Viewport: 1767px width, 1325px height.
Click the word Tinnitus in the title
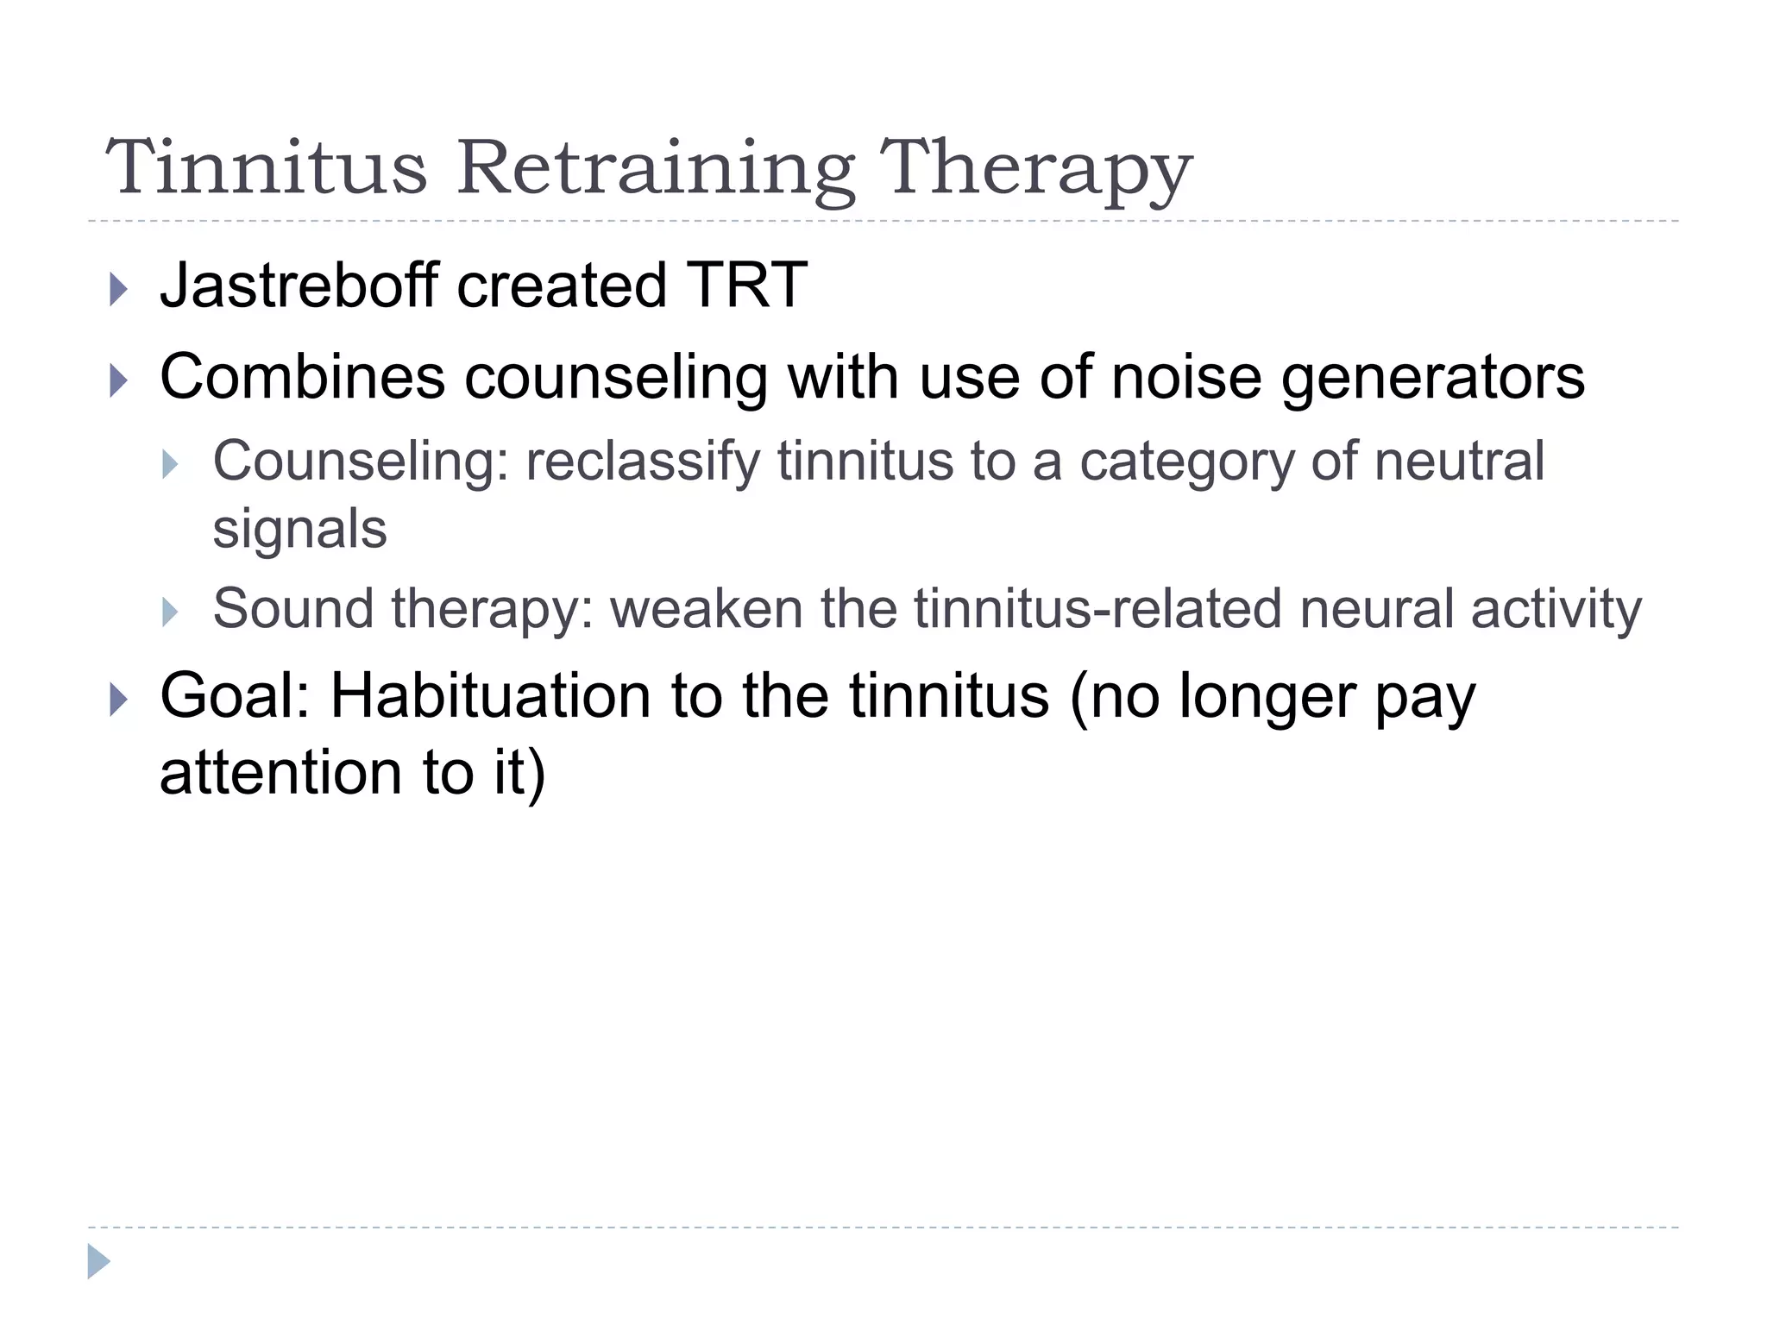[x=267, y=167]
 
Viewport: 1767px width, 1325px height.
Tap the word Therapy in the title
[x=1035, y=169]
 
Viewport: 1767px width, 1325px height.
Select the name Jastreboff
[x=299, y=286]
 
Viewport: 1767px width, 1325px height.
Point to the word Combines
[x=302, y=377]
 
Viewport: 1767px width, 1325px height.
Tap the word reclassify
[x=643, y=462]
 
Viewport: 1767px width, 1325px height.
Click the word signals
[x=299, y=529]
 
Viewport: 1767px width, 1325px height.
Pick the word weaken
[x=707, y=608]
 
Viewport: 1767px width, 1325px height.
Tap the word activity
[x=1556, y=610]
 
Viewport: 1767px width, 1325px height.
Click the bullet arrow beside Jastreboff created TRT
[x=119, y=290]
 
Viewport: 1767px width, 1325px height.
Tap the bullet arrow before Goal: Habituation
[x=119, y=700]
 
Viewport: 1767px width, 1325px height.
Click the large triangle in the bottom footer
[x=98, y=1262]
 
